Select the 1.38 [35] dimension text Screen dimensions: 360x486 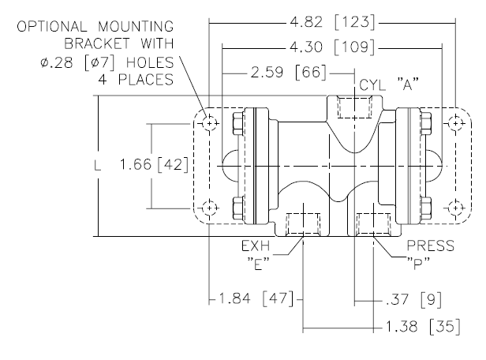pyautogui.click(x=419, y=324)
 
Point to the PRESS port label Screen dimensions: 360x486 pyautogui.click(x=431, y=246)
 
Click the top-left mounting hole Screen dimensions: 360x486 pyautogui.click(x=208, y=124)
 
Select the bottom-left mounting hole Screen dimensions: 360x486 pyautogui.click(x=208, y=208)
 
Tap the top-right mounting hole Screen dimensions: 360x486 pyautogui.click(x=454, y=124)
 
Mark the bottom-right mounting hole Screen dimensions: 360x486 pyautogui.click(x=454, y=208)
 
